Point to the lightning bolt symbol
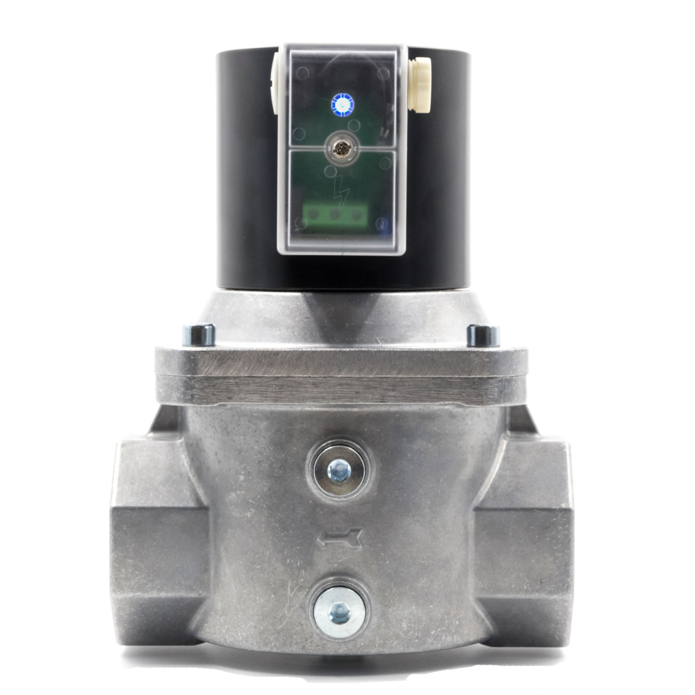pos(341,186)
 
